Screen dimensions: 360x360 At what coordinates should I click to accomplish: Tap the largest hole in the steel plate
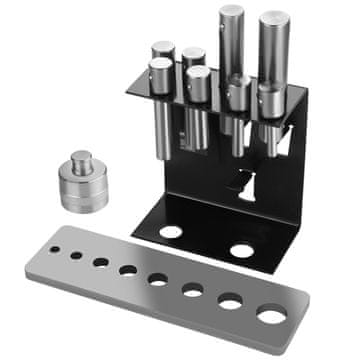(x=270, y=316)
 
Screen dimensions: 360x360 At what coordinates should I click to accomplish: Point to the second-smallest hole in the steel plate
(x=76, y=255)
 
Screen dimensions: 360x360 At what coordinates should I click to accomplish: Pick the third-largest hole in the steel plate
(x=193, y=290)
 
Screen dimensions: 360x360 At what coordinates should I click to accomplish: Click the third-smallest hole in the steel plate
(x=101, y=262)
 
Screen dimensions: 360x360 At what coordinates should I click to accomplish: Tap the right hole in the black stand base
(x=241, y=250)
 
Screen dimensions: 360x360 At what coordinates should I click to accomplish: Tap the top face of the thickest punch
(x=275, y=17)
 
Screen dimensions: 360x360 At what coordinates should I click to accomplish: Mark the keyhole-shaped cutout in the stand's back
(x=241, y=181)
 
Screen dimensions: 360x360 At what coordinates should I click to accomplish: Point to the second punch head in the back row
(x=194, y=56)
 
